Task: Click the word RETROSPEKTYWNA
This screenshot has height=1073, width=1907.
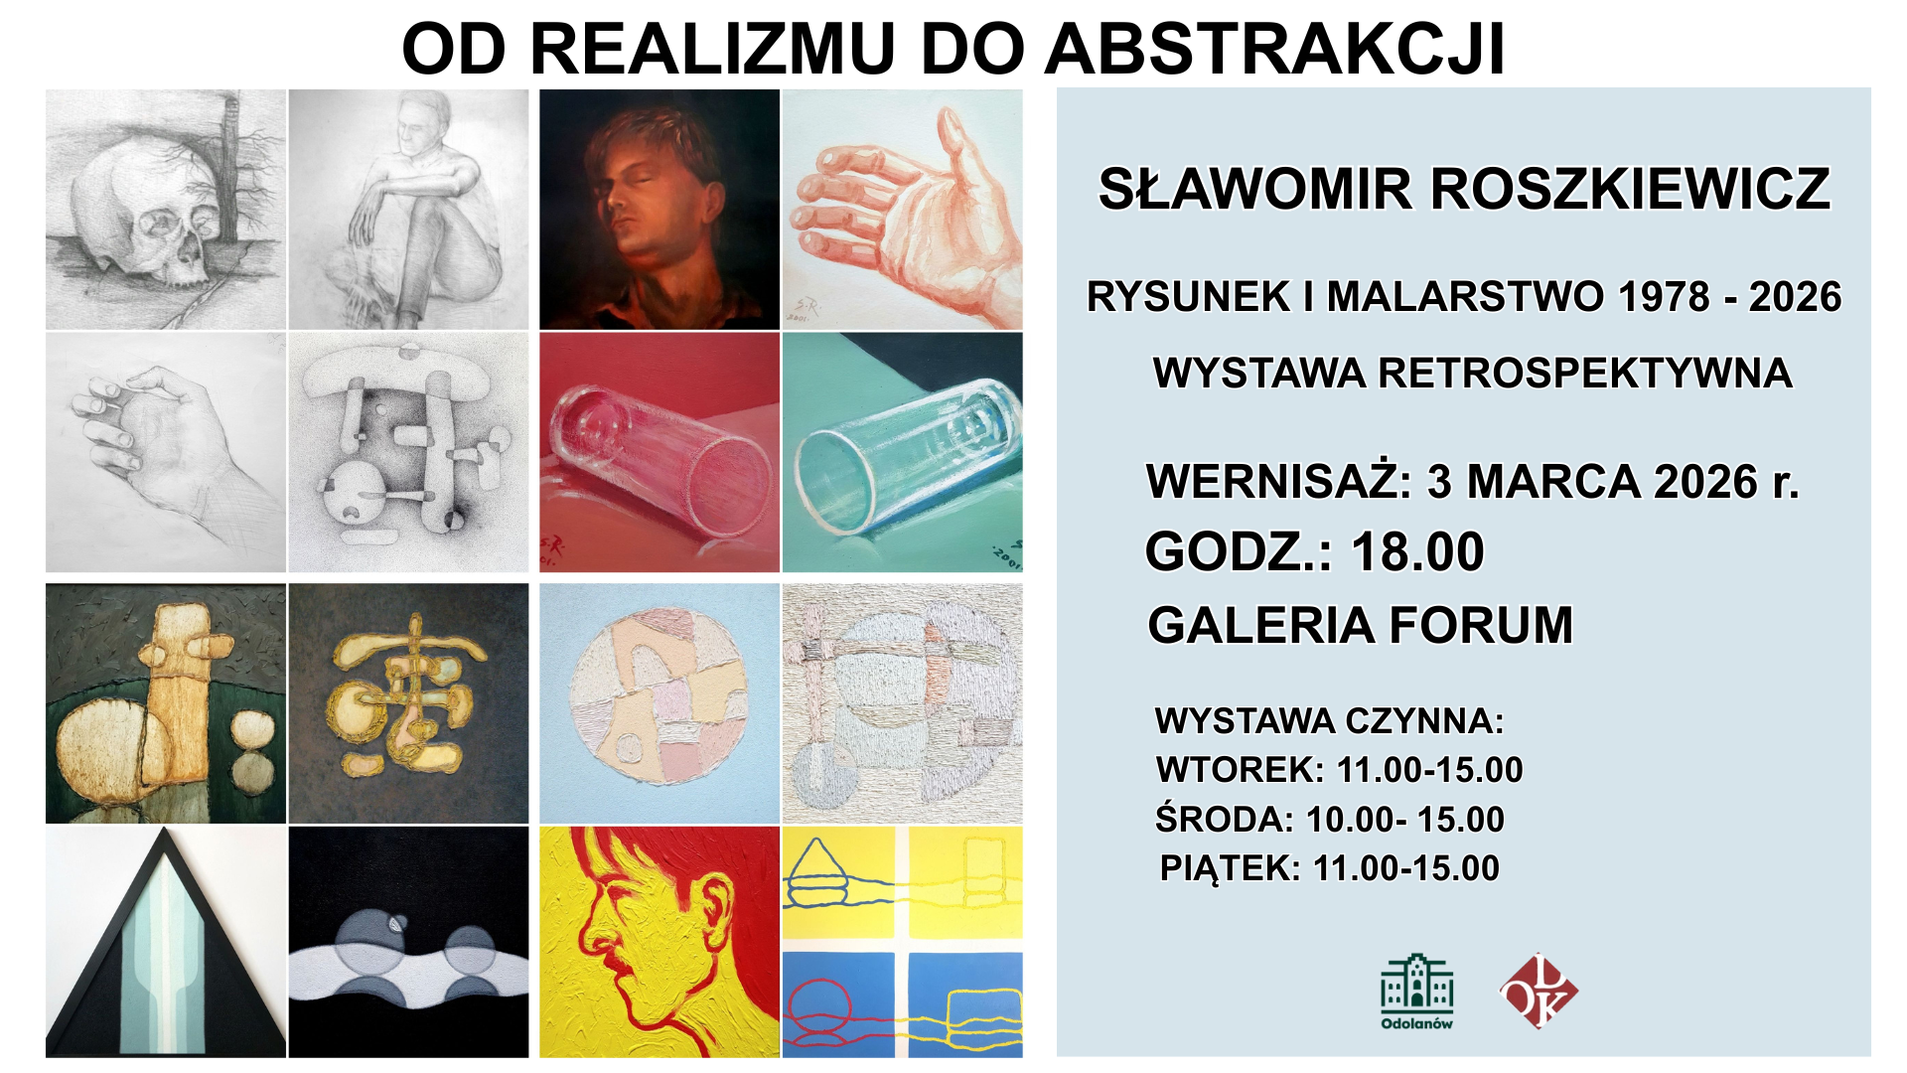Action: coord(1585,373)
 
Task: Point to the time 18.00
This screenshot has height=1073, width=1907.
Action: coord(1417,551)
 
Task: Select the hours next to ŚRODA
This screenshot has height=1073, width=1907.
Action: coord(1404,819)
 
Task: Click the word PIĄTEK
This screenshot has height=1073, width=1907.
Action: coord(1230,867)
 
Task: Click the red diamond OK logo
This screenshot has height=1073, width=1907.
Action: coord(1538,991)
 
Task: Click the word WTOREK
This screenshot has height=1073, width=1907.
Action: coord(1241,769)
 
